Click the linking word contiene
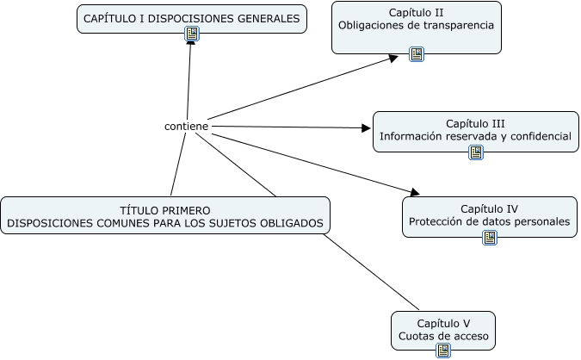(x=186, y=127)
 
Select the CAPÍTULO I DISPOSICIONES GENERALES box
(x=191, y=17)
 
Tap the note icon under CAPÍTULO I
(x=192, y=34)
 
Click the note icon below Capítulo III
(x=476, y=152)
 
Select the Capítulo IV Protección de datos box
(x=489, y=214)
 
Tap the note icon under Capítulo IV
(x=490, y=238)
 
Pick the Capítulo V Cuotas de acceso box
(x=442, y=328)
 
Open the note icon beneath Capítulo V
(x=443, y=351)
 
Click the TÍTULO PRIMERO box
(x=165, y=215)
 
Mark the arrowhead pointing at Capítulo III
(x=366, y=128)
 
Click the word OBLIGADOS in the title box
(x=294, y=223)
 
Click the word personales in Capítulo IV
(x=541, y=221)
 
